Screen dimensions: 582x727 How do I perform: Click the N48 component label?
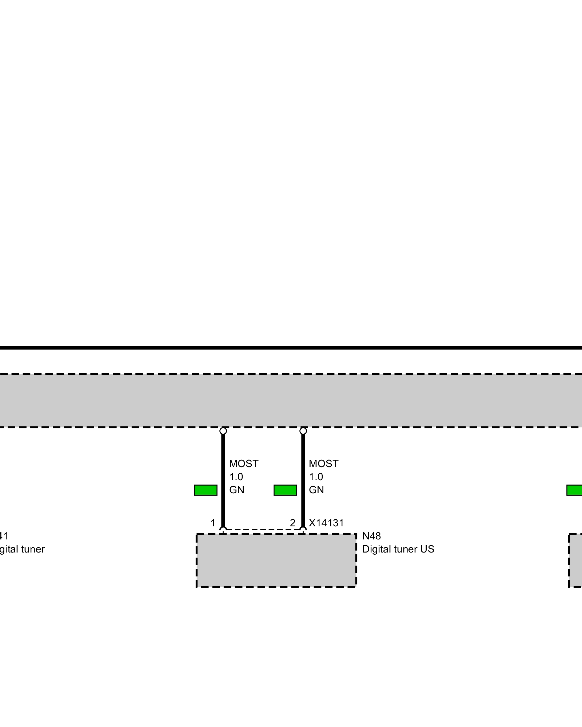point(371,536)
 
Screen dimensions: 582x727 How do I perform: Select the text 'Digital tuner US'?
point(398,549)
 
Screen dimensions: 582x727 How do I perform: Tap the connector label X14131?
point(326,523)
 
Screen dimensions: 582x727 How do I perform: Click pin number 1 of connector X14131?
point(213,523)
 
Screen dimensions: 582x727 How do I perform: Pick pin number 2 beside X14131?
point(292,523)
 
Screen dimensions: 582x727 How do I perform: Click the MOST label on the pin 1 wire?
point(244,464)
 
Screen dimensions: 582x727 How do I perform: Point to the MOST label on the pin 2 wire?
point(323,464)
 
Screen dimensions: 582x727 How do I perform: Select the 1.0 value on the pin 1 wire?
point(236,477)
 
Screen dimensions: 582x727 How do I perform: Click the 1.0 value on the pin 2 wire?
point(316,477)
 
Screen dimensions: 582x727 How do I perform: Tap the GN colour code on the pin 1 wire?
point(236,490)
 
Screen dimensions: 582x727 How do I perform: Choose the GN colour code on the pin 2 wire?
point(316,490)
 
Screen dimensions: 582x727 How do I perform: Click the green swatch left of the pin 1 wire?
point(206,490)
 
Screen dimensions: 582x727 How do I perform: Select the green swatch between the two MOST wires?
point(285,490)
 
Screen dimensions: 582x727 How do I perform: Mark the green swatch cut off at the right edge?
point(575,490)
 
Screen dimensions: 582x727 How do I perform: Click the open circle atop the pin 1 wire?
point(223,431)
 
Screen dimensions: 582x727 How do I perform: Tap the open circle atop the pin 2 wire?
point(303,431)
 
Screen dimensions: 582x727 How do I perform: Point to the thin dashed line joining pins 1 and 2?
point(263,530)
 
